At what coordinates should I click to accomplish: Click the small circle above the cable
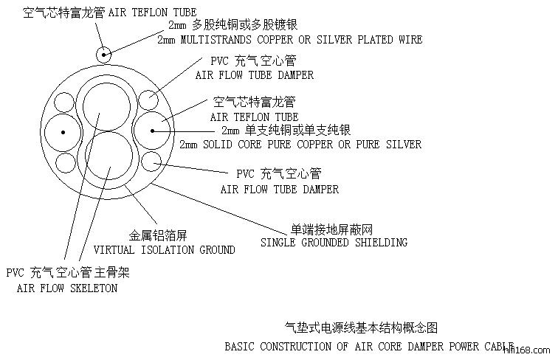coord(104,54)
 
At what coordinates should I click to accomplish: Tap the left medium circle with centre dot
coord(63,132)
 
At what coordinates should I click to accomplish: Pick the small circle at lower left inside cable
coord(65,162)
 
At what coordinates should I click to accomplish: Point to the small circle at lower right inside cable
coord(151,160)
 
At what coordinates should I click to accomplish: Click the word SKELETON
coord(92,288)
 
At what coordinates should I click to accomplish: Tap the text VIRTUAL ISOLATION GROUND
coord(164,249)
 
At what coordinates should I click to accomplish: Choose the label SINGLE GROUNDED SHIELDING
coord(334,242)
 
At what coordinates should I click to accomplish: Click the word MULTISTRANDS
coord(215,39)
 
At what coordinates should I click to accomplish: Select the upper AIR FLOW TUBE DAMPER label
coord(254,75)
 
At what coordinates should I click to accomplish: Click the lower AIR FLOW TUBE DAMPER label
coord(279,189)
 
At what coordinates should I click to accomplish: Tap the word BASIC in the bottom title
coord(240,345)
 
